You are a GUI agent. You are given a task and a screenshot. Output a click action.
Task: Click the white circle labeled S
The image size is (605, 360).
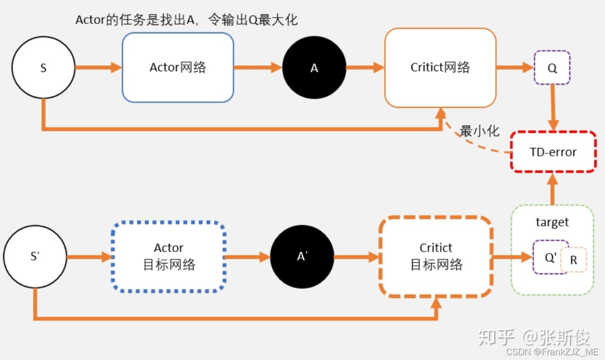pyautogui.click(x=43, y=67)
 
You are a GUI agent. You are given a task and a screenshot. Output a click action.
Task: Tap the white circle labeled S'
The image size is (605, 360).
pyautogui.click(x=35, y=257)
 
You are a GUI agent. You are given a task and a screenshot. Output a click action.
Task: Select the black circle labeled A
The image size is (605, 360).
pyautogui.click(x=314, y=67)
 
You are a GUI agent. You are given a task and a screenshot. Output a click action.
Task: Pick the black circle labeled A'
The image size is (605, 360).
pyautogui.click(x=302, y=257)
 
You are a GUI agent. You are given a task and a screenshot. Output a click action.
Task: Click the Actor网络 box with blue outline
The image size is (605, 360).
pyautogui.click(x=178, y=67)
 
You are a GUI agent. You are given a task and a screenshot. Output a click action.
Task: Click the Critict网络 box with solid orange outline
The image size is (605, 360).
pyautogui.click(x=440, y=67)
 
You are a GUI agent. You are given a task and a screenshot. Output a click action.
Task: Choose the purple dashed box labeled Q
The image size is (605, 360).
pyautogui.click(x=552, y=67)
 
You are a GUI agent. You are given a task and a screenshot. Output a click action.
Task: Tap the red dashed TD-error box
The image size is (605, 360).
pyautogui.click(x=553, y=152)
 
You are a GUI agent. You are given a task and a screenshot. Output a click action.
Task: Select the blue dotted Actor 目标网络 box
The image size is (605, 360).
pyautogui.click(x=169, y=257)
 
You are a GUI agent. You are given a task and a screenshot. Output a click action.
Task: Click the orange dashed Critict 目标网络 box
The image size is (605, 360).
pyautogui.click(x=436, y=257)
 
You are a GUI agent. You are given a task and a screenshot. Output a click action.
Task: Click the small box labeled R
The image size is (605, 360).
pyautogui.click(x=574, y=260)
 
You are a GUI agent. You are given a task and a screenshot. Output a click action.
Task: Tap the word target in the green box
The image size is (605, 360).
pyautogui.click(x=552, y=222)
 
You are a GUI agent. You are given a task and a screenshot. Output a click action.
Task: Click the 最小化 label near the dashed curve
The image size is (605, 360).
pyautogui.click(x=480, y=131)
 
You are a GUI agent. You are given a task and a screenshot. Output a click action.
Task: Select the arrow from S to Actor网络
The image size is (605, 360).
pyautogui.click(x=98, y=67)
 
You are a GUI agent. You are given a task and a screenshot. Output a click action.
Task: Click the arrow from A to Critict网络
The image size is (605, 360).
pyautogui.click(x=365, y=67)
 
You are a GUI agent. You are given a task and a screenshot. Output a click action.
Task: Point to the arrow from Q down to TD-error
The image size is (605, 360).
pyautogui.click(x=553, y=107)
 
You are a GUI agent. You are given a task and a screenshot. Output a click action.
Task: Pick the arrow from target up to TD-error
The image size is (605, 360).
pyautogui.click(x=553, y=189)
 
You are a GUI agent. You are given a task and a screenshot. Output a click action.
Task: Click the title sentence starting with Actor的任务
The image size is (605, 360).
pyautogui.click(x=186, y=20)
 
